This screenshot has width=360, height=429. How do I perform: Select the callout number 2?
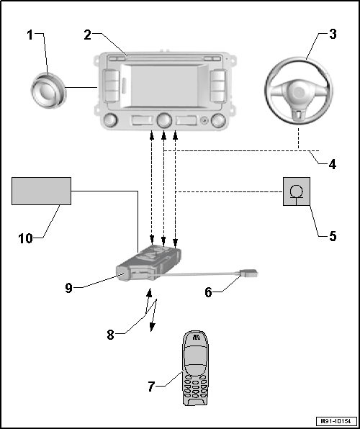86,34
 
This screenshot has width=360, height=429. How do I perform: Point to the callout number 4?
332,163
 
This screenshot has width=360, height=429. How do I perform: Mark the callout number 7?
152,387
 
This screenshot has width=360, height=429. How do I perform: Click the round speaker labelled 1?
48,91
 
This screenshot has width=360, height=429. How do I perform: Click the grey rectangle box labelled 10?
41,191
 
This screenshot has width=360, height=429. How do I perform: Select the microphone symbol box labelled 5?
295,192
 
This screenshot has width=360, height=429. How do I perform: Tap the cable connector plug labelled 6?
247,274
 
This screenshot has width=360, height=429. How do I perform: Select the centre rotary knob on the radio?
165,120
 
